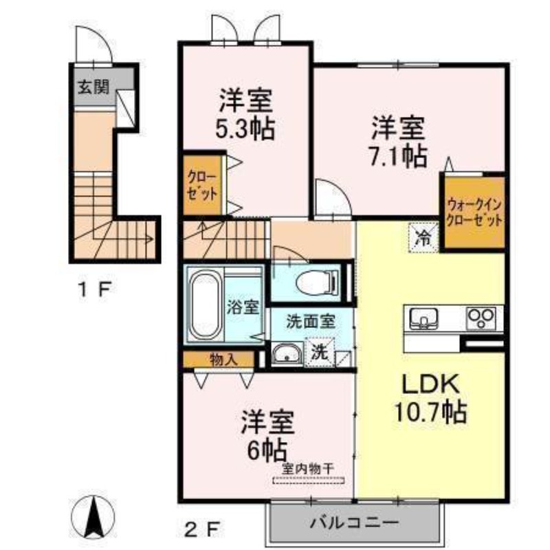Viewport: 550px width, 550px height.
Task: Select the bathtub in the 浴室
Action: tap(205, 305)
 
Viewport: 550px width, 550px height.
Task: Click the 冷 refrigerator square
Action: tap(423, 238)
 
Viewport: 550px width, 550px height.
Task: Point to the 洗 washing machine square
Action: tap(319, 352)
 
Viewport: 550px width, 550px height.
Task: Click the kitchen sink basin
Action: tap(423, 318)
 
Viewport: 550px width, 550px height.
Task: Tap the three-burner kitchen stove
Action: tap(481, 318)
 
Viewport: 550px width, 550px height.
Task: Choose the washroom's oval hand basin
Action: tap(287, 353)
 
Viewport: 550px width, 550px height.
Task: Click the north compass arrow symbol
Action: tap(93, 517)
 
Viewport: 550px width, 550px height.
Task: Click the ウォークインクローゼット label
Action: tap(474, 212)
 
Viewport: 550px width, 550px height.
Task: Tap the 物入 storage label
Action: tap(224, 359)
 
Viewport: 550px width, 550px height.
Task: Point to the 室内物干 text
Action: tap(307, 468)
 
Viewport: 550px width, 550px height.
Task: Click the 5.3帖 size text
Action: tap(245, 129)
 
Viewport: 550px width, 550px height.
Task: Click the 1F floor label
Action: tap(95, 289)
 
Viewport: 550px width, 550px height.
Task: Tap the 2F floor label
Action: tap(202, 529)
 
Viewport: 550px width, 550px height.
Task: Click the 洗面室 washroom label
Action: tap(311, 322)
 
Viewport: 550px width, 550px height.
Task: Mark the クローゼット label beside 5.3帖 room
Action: tap(202, 186)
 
